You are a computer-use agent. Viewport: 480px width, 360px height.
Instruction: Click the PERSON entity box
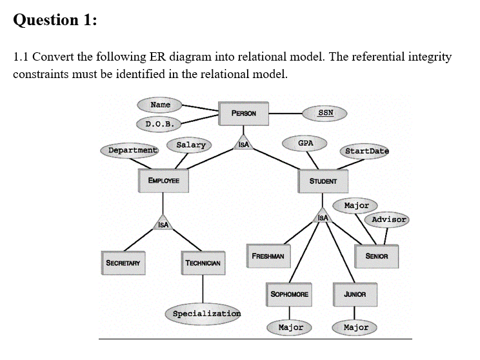(x=244, y=113)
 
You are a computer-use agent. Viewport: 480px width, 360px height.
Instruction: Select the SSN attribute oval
(x=326, y=112)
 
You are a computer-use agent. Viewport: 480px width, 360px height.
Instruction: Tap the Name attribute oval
(x=160, y=105)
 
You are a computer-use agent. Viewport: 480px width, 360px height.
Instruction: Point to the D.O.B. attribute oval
(x=158, y=123)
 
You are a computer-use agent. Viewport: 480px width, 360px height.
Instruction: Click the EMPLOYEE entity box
(x=164, y=181)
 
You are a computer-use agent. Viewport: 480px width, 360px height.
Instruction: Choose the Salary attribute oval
(x=191, y=145)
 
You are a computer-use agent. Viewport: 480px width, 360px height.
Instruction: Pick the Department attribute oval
(x=132, y=150)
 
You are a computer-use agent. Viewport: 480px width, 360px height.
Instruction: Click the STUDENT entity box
(x=323, y=181)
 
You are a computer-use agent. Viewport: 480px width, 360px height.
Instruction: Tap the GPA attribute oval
(x=306, y=143)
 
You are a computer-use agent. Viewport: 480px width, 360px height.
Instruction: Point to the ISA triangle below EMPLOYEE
(x=163, y=223)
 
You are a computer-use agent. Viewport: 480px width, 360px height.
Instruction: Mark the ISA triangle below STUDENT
(x=323, y=217)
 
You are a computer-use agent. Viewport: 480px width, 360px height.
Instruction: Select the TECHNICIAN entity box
(x=203, y=263)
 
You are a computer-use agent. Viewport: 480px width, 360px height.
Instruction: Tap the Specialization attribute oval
(x=206, y=313)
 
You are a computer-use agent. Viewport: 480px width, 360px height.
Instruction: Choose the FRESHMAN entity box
(x=268, y=255)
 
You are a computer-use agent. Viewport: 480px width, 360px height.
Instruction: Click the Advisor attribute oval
(x=389, y=219)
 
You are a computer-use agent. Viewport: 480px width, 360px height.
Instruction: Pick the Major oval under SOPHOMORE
(x=290, y=327)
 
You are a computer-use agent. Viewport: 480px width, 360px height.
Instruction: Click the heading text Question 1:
(x=55, y=20)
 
